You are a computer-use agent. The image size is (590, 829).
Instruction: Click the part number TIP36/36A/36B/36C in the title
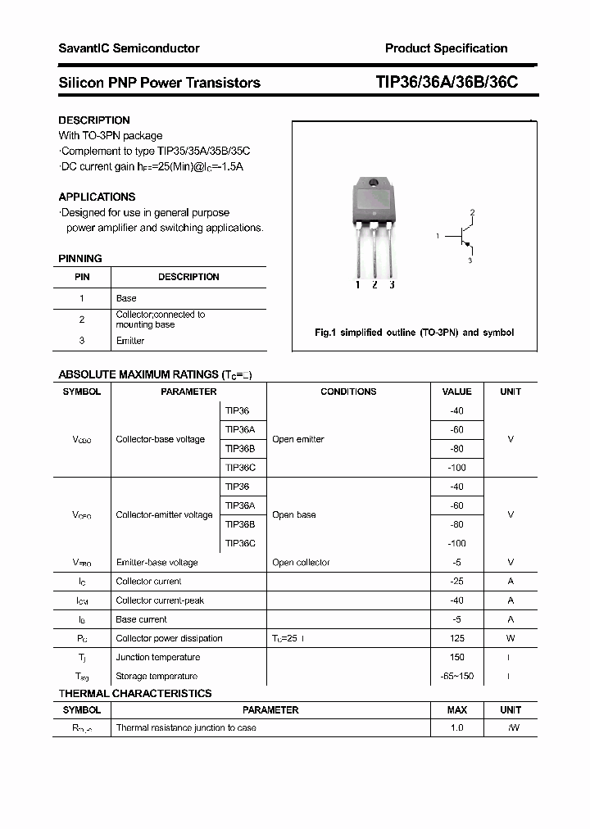(447, 83)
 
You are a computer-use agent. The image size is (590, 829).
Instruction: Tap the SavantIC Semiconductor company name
(129, 48)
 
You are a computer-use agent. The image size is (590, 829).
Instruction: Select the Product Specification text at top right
(446, 48)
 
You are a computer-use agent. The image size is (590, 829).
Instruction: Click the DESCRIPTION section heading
(94, 120)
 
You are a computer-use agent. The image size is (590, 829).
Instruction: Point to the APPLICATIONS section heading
(97, 197)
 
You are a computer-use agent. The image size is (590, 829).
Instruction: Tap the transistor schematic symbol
(465, 237)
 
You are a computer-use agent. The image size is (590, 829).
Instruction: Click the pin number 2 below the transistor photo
(374, 285)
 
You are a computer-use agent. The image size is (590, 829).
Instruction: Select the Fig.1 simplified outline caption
(415, 333)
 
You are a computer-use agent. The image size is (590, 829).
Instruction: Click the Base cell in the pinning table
(126, 298)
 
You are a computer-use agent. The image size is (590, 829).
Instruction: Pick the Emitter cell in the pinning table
(129, 341)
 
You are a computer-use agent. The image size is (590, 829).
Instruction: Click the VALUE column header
(456, 392)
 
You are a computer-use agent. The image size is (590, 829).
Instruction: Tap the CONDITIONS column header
(348, 392)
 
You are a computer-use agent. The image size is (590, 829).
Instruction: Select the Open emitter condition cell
(298, 439)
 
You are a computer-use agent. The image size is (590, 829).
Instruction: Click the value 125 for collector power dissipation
(456, 638)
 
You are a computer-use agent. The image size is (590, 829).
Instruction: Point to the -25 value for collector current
(456, 581)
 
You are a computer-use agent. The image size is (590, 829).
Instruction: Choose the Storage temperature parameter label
(157, 676)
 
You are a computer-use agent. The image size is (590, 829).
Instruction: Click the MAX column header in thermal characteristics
(456, 709)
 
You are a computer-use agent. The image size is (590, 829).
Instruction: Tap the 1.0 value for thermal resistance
(456, 727)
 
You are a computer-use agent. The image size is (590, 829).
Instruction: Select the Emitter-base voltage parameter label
(157, 563)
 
